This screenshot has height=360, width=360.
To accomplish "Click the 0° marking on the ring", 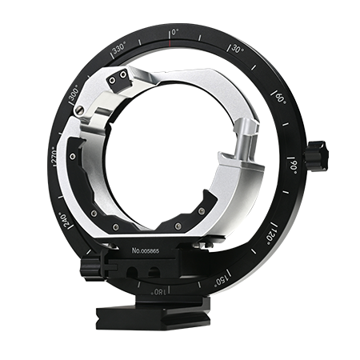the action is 175,32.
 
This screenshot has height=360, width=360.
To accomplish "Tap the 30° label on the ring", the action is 237,49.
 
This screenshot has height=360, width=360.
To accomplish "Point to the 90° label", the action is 294,166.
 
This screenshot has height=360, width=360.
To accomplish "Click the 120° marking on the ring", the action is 271,234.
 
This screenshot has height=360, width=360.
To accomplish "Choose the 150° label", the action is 222,280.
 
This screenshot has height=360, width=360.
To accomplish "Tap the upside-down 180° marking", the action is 158,292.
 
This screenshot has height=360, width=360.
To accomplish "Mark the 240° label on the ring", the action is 66,221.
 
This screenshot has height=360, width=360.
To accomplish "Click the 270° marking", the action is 54,156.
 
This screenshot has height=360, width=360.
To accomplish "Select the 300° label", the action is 74,94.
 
